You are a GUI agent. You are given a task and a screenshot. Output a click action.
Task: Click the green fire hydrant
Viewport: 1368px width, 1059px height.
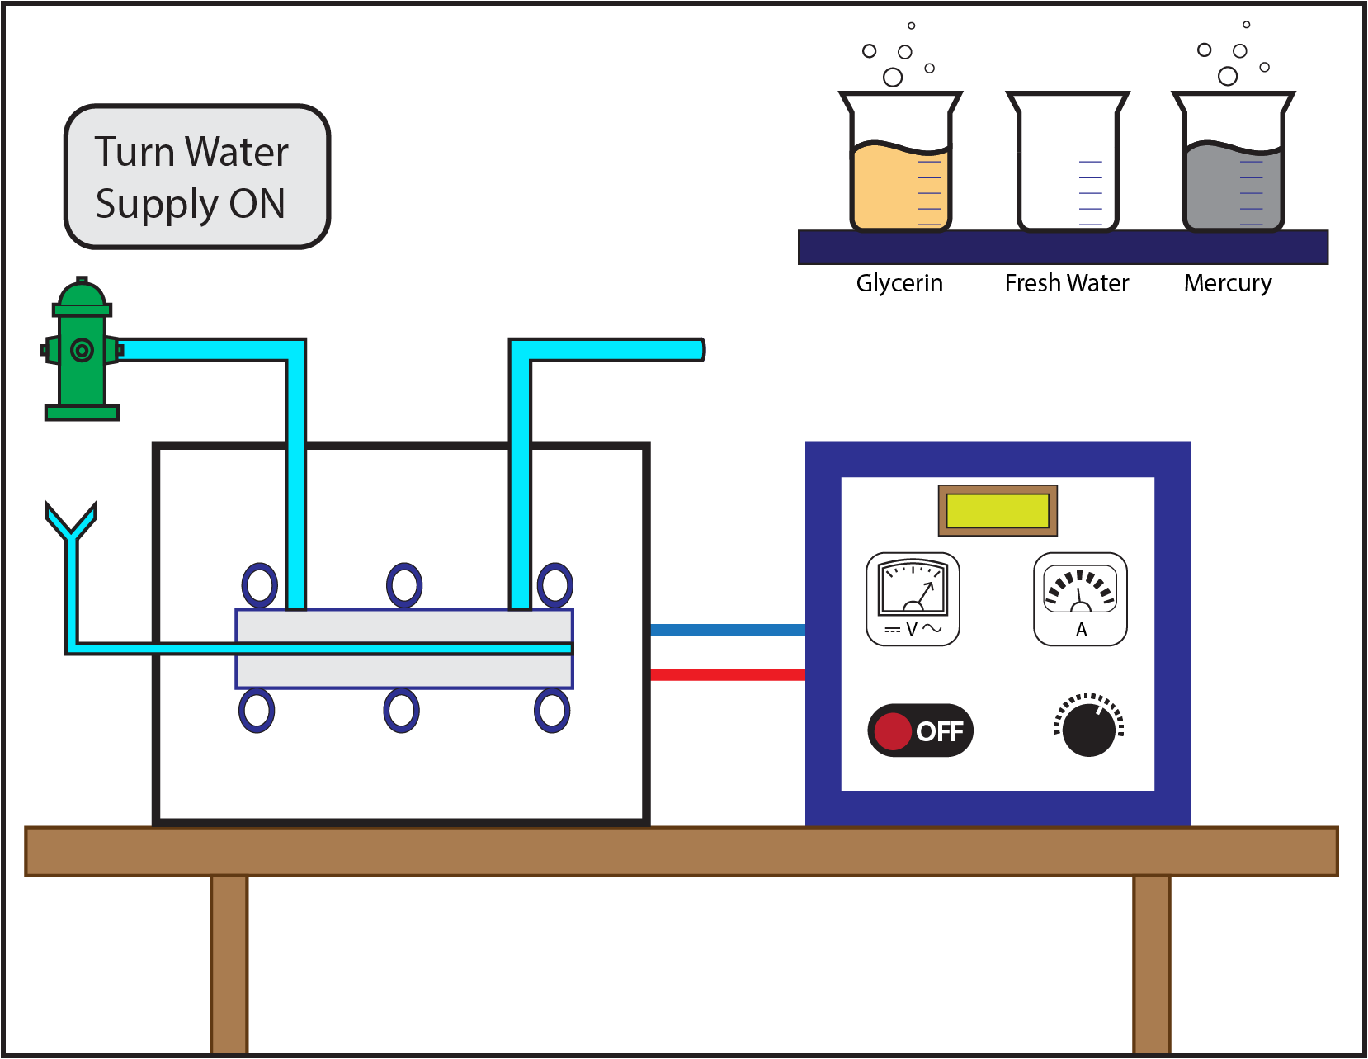pyautogui.click(x=81, y=351)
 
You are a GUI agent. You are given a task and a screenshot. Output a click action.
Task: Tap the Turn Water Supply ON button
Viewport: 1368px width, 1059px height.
pyautogui.click(x=196, y=177)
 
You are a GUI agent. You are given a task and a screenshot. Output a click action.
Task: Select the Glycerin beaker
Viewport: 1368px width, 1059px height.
pyautogui.click(x=900, y=165)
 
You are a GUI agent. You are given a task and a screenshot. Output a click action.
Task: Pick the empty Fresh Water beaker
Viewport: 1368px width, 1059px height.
pyautogui.click(x=1067, y=165)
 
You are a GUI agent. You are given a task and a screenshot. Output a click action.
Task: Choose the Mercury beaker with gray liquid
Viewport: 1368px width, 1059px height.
pyautogui.click(x=1233, y=165)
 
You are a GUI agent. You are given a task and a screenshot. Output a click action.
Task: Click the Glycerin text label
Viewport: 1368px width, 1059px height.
pyautogui.click(x=899, y=283)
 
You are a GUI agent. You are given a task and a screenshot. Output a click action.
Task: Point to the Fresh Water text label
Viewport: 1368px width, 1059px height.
pyautogui.click(x=1066, y=283)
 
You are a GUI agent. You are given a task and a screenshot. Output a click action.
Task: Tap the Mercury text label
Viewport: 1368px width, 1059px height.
pyautogui.click(x=1227, y=283)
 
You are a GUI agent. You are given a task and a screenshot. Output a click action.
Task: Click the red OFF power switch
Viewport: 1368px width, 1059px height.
pyautogui.click(x=920, y=730)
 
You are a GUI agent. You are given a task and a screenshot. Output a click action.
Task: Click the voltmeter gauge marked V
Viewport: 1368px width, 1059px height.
pyautogui.click(x=913, y=598)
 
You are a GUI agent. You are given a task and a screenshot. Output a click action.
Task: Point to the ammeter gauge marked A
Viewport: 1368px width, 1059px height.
pyautogui.click(x=1080, y=598)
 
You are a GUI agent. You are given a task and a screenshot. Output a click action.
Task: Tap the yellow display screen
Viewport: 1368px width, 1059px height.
pyautogui.click(x=998, y=511)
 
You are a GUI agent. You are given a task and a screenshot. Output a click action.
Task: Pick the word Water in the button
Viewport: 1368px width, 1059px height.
pyautogui.click(x=237, y=152)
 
